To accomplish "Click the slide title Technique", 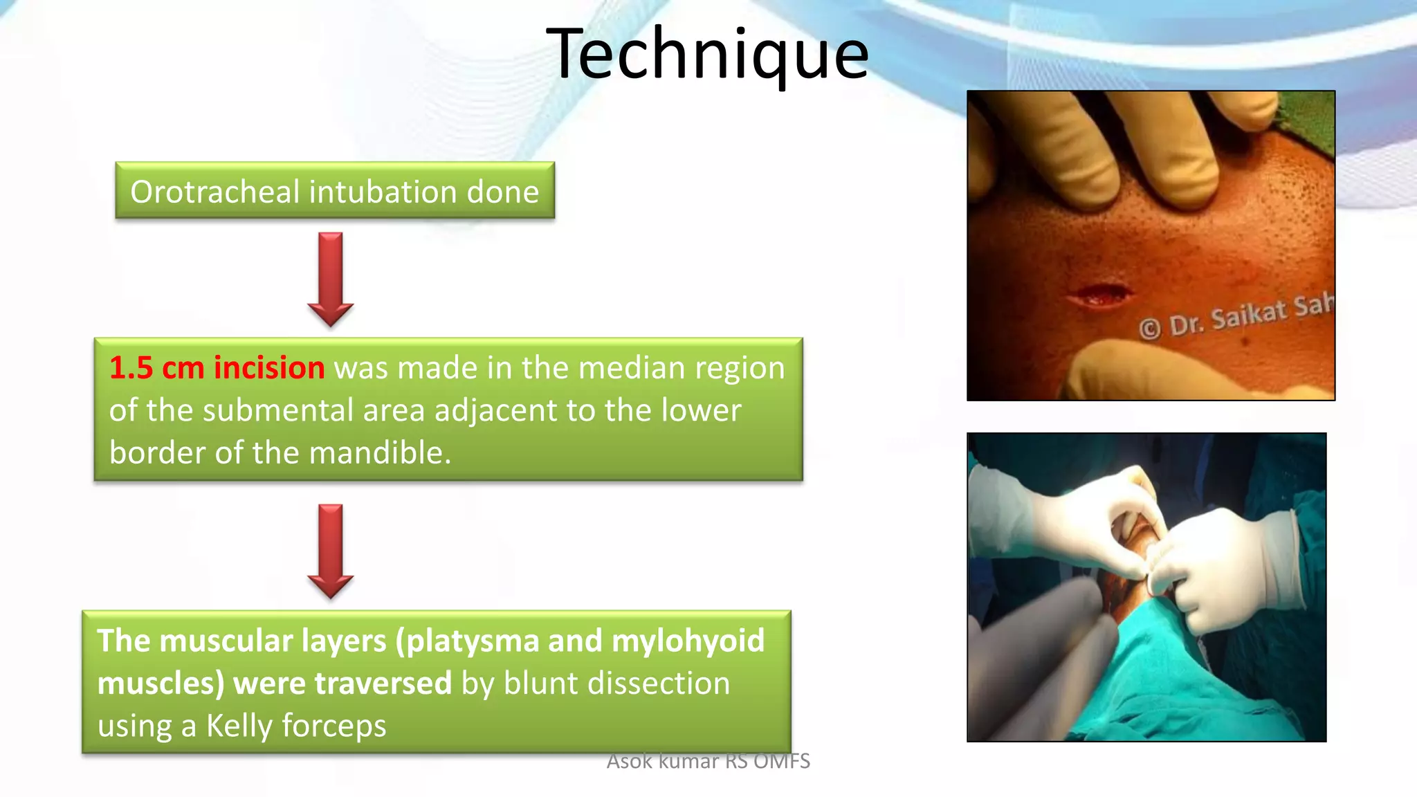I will tap(707, 54).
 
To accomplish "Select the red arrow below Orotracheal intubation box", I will tap(331, 279).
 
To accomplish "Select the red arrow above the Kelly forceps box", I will tap(331, 551).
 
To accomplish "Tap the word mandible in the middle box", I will tap(379, 453).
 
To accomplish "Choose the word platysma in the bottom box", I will tap(470, 641).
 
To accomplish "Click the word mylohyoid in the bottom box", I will tap(688, 641).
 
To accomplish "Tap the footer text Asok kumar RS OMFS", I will tap(708, 761).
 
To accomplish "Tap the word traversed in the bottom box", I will tap(383, 684).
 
